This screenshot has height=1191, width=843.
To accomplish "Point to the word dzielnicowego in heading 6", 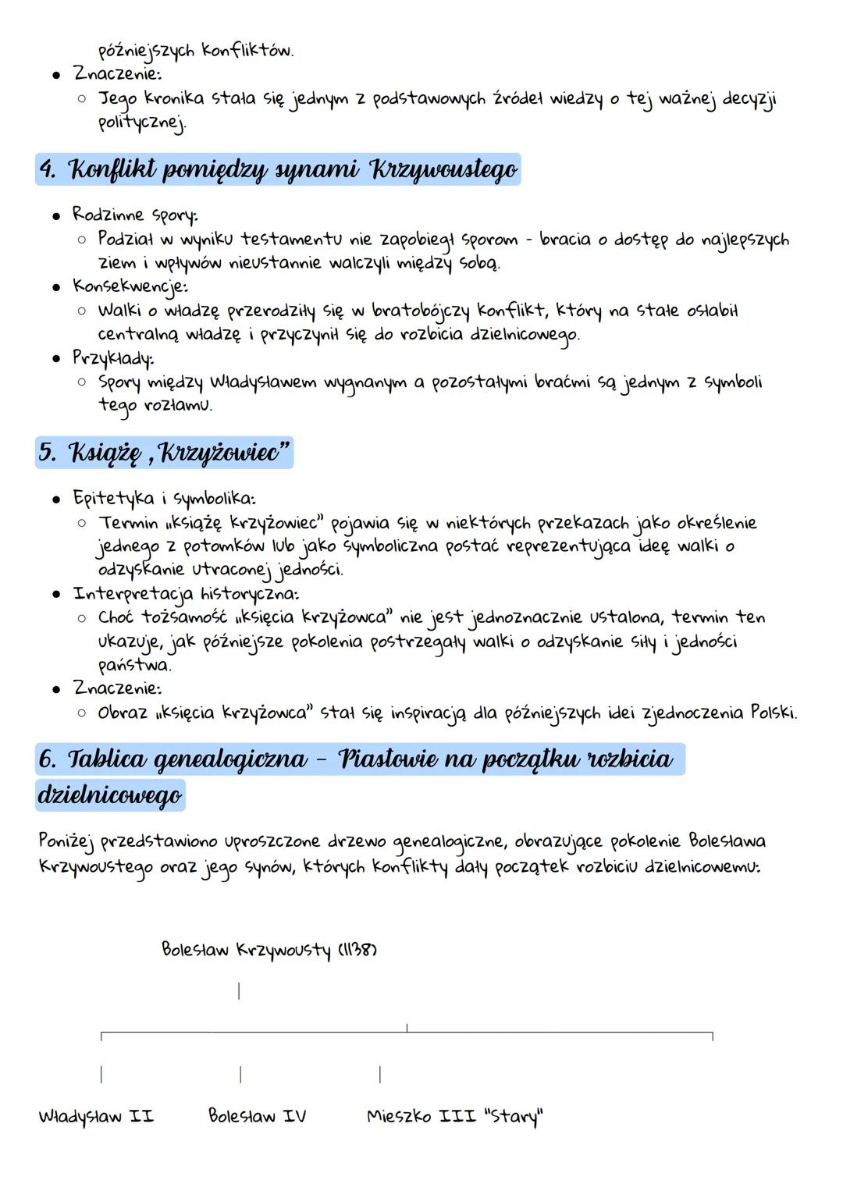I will click(110, 795).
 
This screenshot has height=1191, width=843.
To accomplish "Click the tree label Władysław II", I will click(96, 1117).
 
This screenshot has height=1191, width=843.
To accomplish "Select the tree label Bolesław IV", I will click(257, 1117).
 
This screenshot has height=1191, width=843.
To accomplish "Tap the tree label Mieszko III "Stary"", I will click(454, 1117).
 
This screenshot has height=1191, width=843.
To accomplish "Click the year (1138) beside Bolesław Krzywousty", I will click(357, 951).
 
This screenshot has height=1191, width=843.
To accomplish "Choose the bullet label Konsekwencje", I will click(130, 286).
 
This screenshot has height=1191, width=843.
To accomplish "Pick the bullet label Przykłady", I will click(113, 358).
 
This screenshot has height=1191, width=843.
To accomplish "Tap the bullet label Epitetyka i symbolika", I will click(164, 498).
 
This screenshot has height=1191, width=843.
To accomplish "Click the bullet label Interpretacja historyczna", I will click(186, 594).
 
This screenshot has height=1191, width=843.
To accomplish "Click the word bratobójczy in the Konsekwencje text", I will click(421, 311).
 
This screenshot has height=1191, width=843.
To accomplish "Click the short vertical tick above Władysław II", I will click(101, 1075).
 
